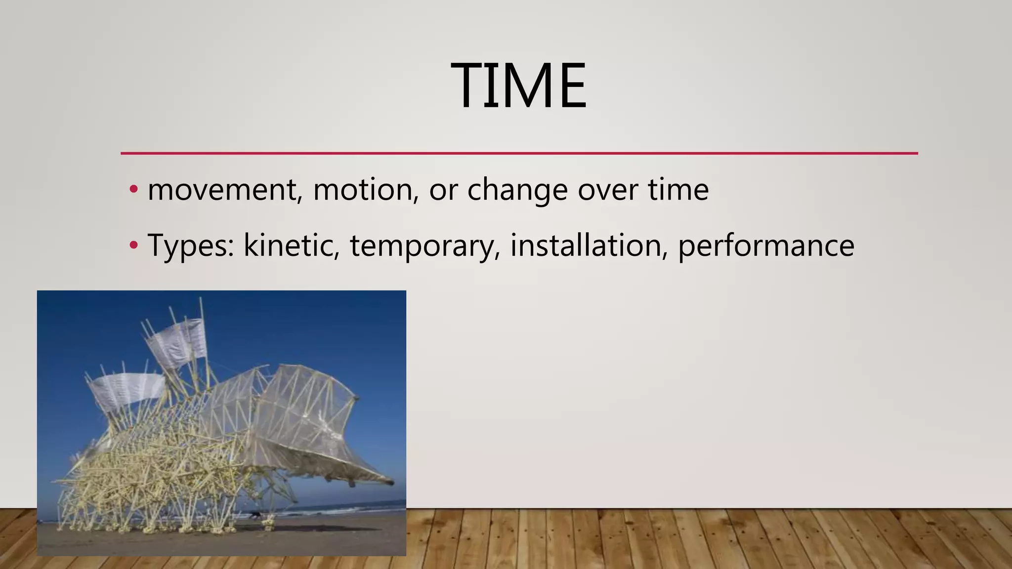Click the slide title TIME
point(518,85)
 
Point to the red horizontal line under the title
point(519,153)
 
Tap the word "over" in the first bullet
point(608,190)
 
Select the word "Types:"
point(191,246)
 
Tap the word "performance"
point(765,246)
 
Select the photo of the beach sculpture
point(221,423)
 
